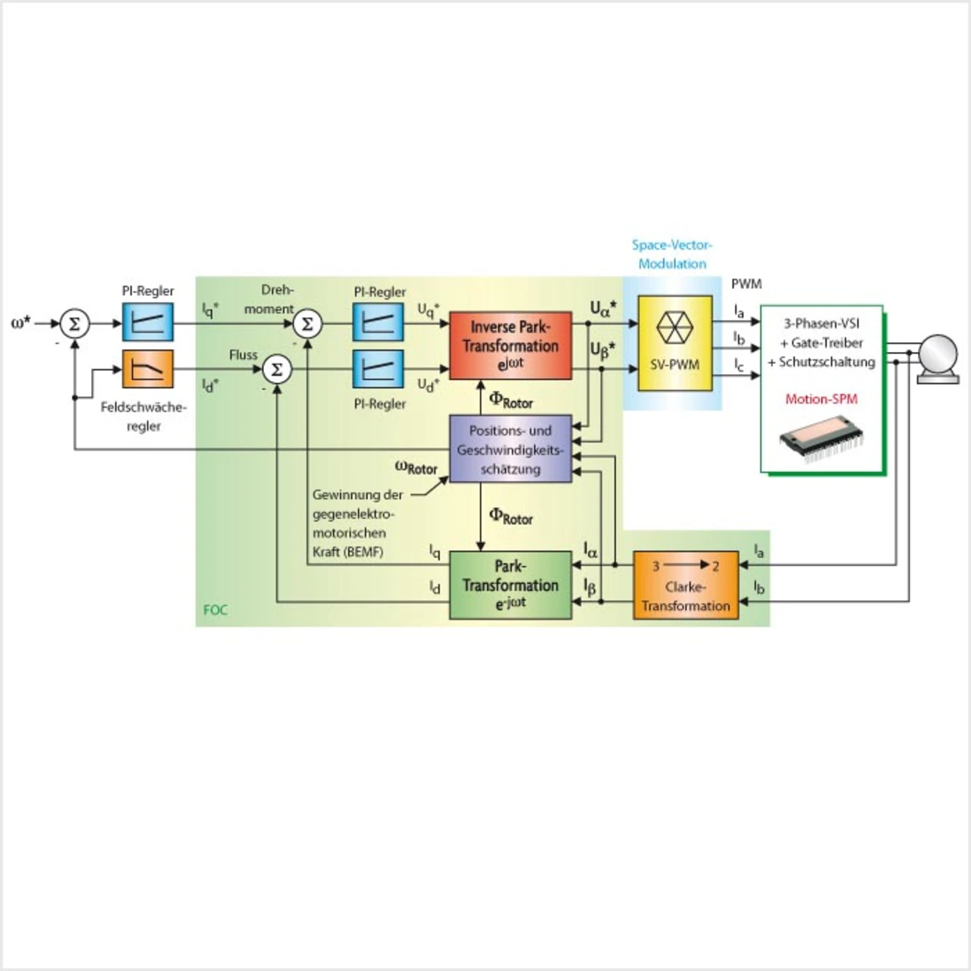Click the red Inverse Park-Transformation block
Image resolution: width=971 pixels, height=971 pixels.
[x=510, y=345]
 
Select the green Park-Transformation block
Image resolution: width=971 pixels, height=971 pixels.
[x=510, y=585]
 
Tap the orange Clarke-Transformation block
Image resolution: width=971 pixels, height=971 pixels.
[x=686, y=585]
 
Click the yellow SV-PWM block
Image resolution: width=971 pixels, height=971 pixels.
[x=674, y=343]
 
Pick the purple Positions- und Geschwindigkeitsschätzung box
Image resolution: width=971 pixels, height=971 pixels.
[x=510, y=449]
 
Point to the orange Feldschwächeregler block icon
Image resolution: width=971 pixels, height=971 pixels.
[x=148, y=369]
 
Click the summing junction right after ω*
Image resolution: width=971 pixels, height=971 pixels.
[x=74, y=324]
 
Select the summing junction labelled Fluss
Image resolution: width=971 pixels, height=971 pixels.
[x=277, y=369]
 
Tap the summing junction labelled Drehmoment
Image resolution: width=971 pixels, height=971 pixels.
[x=307, y=324]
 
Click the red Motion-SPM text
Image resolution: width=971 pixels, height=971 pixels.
[x=822, y=399]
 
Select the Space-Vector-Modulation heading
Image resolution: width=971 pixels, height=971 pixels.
[x=672, y=255]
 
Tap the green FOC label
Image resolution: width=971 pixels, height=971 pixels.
[x=215, y=610]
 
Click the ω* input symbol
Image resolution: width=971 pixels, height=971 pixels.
[x=21, y=323]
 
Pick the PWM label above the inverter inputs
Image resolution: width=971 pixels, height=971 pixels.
[x=746, y=284]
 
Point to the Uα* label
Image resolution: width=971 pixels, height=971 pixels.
[x=603, y=308]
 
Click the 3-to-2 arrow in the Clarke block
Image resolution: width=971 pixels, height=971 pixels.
[x=686, y=565]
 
